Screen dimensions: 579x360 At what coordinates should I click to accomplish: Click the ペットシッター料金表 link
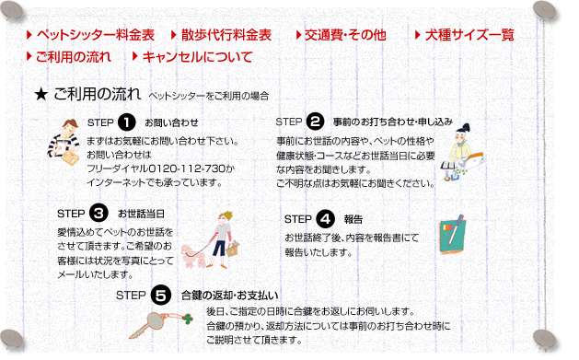[x=95, y=35]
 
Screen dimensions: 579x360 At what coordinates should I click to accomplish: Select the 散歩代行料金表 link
[x=226, y=35]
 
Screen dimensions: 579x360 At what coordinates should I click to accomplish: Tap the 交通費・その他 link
[x=345, y=35]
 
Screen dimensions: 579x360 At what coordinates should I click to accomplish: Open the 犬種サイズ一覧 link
[x=469, y=35]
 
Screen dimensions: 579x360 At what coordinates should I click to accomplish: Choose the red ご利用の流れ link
[x=73, y=57]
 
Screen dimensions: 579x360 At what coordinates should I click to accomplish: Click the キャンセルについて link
[x=198, y=57]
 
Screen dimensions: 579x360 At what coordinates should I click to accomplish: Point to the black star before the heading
[x=41, y=95]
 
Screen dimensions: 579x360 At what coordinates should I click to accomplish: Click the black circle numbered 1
[x=127, y=122]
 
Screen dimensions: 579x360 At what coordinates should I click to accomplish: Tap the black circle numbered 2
[x=315, y=122]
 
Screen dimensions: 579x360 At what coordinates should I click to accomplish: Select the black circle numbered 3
[x=98, y=213]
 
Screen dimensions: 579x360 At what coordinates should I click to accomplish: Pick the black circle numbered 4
[x=325, y=219]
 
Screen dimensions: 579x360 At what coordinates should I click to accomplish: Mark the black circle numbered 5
[x=161, y=295]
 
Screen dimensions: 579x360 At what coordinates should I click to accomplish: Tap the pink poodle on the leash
[x=194, y=256]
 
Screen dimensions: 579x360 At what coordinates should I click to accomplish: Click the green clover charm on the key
[x=188, y=319]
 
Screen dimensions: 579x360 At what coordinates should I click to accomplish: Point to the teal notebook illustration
[x=452, y=235]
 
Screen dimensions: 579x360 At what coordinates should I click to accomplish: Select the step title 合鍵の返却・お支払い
[x=229, y=296]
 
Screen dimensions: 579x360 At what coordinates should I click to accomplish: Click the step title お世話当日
[x=141, y=214]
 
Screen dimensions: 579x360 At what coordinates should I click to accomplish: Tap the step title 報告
[x=353, y=220]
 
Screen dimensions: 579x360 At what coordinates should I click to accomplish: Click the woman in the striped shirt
[x=64, y=142]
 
